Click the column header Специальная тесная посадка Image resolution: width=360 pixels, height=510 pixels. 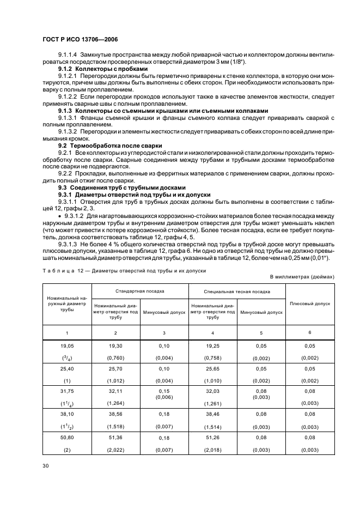(237, 292)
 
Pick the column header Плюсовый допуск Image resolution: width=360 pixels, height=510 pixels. (310, 303)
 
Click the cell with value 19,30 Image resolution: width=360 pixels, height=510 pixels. (115, 346)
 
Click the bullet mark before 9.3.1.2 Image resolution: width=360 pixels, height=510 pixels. (60, 216)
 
